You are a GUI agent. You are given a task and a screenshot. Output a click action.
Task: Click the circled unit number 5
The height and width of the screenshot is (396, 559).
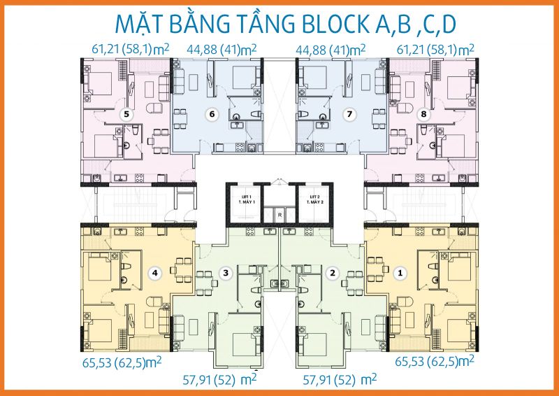[x=126, y=113]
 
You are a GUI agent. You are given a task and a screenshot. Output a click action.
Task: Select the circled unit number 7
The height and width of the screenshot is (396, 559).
[x=349, y=113]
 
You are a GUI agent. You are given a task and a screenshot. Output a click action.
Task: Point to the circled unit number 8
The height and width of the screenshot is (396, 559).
[x=422, y=113]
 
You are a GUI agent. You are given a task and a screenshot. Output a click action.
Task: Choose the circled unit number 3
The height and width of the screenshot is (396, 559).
[x=224, y=272]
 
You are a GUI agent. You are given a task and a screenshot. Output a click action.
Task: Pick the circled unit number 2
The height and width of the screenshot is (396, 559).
[x=333, y=272]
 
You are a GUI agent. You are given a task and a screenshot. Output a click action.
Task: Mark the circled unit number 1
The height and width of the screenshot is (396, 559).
[x=400, y=272]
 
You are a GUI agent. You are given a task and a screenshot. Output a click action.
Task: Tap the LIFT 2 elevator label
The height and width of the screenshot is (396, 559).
[x=317, y=200]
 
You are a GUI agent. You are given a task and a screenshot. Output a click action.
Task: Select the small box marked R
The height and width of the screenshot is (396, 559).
[x=279, y=215]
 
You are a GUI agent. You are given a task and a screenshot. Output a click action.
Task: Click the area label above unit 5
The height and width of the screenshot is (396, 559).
[x=130, y=50]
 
